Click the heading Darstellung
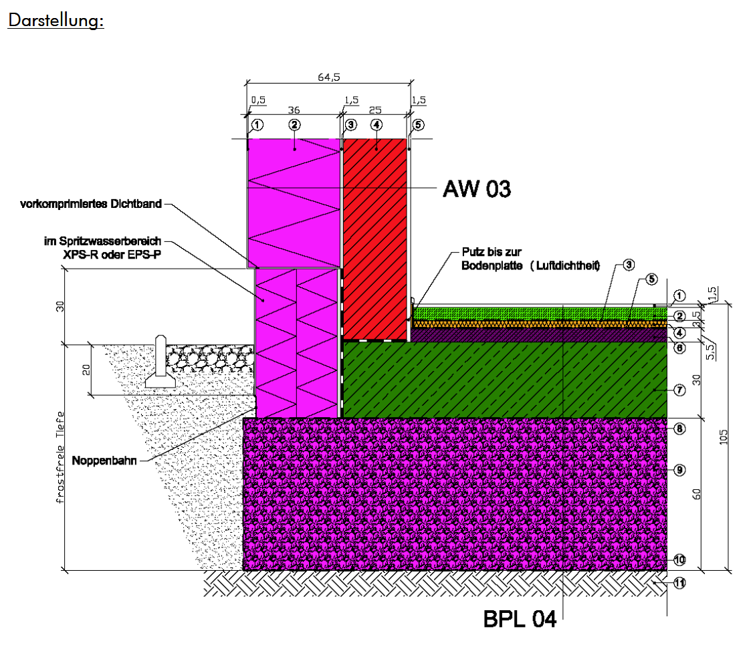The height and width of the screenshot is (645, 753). pos(56,20)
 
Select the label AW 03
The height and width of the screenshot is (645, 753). pos(477,188)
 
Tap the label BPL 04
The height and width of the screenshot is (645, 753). pos(520,619)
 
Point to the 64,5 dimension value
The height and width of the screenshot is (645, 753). pos(329,77)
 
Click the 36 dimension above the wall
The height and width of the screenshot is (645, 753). pos(294,110)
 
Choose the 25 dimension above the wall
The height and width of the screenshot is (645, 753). pos(375,110)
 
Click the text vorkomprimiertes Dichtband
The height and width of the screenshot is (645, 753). pos(91,204)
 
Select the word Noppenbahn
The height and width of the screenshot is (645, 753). pos(104,461)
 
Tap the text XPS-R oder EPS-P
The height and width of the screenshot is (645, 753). pos(112,255)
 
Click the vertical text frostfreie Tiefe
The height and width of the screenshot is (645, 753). pos(60,457)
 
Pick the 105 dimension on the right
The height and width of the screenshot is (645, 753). pos(724,436)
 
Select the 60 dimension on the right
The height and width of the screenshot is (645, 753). pos(697,494)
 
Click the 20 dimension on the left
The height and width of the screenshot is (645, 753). pos(86,370)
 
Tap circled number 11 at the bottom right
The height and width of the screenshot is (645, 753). pos(679,583)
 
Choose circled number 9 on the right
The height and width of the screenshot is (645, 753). pos(679,470)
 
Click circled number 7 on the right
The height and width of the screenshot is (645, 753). pos(679,390)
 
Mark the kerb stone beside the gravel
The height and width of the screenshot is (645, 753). pos(160,362)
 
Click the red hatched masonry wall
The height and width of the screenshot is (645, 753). pos(375,239)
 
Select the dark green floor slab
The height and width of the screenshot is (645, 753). pos(504,380)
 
